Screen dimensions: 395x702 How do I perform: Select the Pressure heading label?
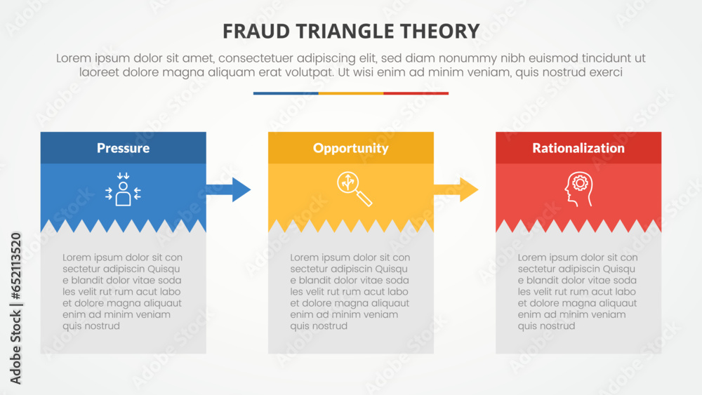click(123, 148)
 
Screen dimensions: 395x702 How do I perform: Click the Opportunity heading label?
click(350, 148)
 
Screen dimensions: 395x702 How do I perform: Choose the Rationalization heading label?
click(578, 148)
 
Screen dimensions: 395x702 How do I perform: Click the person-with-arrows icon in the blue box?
click(123, 190)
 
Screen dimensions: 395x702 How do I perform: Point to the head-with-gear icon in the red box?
click(578, 190)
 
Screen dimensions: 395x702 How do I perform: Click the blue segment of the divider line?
click(286, 93)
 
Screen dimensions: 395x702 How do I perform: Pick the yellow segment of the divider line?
click(351, 93)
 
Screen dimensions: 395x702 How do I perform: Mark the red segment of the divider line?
click(416, 93)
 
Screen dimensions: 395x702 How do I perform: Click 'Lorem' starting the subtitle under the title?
click(74, 58)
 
